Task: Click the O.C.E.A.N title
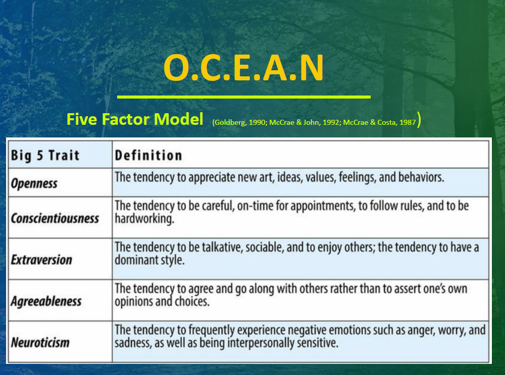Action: tap(243, 68)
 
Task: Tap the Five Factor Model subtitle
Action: tap(134, 119)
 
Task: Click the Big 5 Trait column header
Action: tap(45, 155)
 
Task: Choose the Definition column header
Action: tap(148, 155)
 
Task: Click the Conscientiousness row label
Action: tap(55, 218)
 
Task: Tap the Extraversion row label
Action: tap(41, 260)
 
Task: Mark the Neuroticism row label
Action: tap(40, 342)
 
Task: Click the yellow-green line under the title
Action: tap(243, 97)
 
